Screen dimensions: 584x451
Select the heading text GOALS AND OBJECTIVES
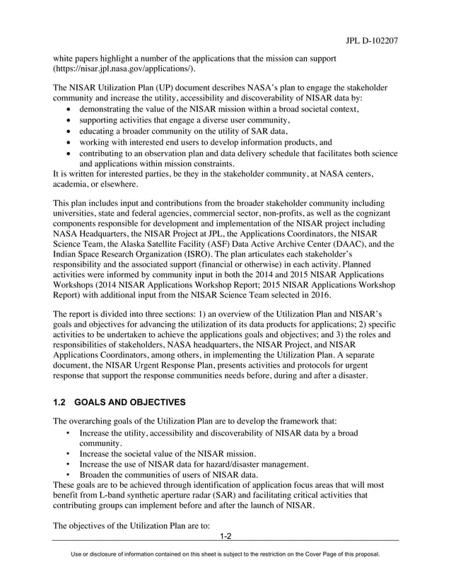[132, 402]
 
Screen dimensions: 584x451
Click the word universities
[76, 210]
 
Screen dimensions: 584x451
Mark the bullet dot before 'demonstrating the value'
[67, 110]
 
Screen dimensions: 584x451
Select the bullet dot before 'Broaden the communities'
[67, 474]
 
